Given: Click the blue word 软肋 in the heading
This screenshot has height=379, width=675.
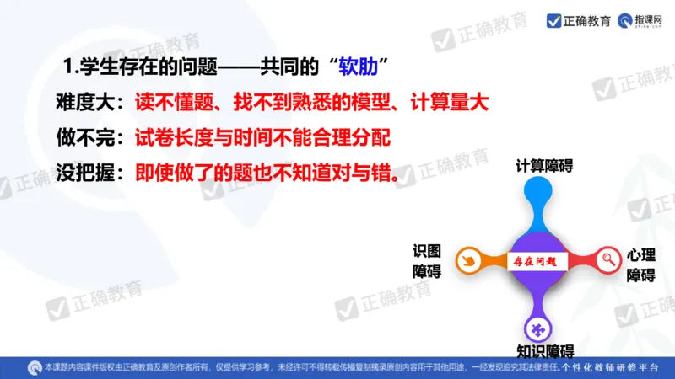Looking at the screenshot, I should tap(359, 66).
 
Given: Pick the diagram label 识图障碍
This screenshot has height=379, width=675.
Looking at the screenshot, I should tap(427, 261).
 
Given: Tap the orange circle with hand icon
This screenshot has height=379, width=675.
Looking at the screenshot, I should tap(468, 261).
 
